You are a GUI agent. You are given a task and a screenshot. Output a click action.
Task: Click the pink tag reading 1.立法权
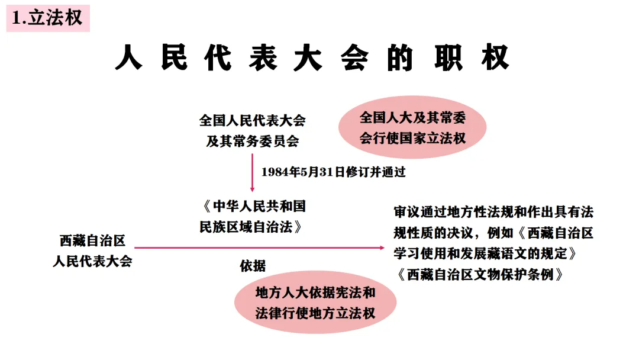(48, 18)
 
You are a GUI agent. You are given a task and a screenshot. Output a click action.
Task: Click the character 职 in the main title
(451, 59)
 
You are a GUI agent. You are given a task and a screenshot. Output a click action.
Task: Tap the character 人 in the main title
(128, 59)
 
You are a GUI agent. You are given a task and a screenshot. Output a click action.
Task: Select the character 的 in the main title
(399, 59)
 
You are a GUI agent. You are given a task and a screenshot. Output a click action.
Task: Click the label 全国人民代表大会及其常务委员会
(253, 131)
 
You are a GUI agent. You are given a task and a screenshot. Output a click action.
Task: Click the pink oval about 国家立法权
(412, 128)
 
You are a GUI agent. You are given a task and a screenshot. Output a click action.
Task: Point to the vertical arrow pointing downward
(253, 172)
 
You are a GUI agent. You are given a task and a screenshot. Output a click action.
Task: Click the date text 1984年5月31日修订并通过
(334, 172)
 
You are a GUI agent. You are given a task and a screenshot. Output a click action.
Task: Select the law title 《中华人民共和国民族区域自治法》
(253, 216)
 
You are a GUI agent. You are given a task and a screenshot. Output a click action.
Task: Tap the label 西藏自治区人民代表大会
(92, 251)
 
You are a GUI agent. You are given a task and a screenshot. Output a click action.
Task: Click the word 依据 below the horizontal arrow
(253, 266)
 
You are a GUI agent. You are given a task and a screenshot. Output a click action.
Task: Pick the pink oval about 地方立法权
(315, 303)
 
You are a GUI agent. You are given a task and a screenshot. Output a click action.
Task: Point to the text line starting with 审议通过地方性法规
(493, 212)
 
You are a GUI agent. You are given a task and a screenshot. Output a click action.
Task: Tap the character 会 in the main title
(354, 59)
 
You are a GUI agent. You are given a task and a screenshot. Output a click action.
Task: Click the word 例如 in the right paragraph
(502, 233)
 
